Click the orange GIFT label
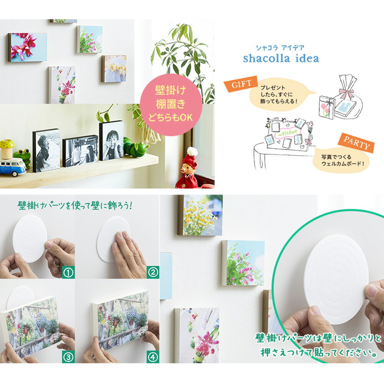tap(241, 84)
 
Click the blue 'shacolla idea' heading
tap(281, 58)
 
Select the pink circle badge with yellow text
tap(171, 105)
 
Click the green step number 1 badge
tap(68, 272)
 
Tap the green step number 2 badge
tap(153, 272)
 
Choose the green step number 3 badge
tap(68, 357)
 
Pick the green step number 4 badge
tap(153, 357)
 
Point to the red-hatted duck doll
tap(188, 169)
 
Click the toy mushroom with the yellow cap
tap(7, 149)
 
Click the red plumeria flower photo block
tap(27, 47)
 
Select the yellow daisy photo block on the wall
tap(200, 215)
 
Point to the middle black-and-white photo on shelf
tap(80, 151)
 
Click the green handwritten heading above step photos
tap(75, 205)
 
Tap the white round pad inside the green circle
tap(336, 279)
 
